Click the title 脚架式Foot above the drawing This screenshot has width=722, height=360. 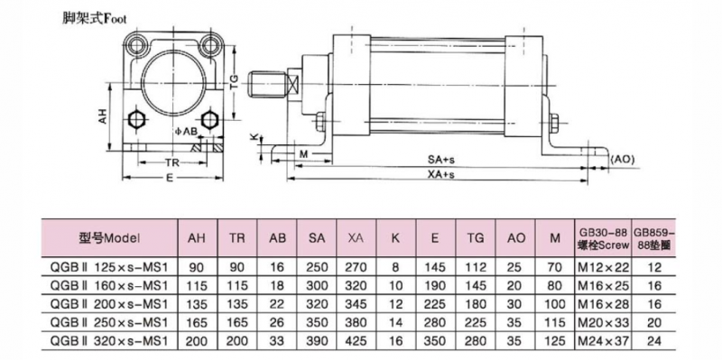[95, 19]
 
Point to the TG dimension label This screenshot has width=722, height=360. [235, 82]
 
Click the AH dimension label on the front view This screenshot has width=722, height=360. [103, 116]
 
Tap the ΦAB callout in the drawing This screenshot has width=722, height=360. [187, 132]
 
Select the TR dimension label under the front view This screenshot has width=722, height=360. [171, 162]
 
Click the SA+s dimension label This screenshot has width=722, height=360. [441, 160]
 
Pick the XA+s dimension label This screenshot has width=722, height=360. [441, 175]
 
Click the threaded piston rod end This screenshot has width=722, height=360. [266, 85]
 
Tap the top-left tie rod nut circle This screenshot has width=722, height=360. [137, 45]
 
